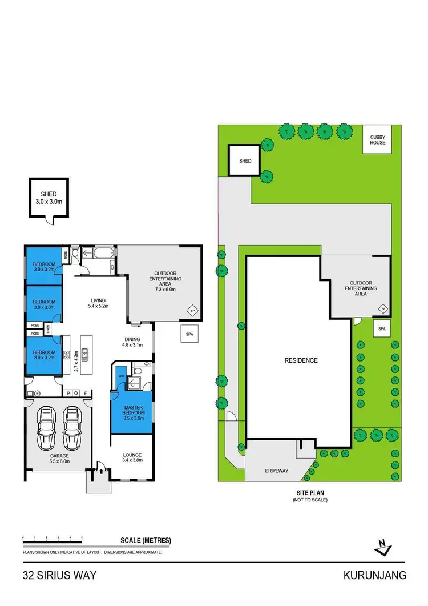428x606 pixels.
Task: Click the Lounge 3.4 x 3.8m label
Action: click(x=132, y=457)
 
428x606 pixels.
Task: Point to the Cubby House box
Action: click(x=377, y=139)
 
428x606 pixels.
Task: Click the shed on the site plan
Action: click(x=245, y=161)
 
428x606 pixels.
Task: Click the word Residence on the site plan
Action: click(x=301, y=360)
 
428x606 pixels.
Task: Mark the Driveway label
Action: click(x=276, y=471)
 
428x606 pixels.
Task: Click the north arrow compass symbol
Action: click(x=382, y=548)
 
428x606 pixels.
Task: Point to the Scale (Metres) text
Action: click(x=146, y=540)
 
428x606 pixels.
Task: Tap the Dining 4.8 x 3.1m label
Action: click(x=134, y=342)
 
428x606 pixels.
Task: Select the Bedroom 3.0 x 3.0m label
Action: click(x=43, y=304)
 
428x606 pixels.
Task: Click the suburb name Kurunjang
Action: click(x=375, y=576)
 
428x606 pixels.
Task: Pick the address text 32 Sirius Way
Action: click(x=59, y=576)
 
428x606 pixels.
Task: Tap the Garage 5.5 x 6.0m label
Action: click(x=59, y=458)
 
